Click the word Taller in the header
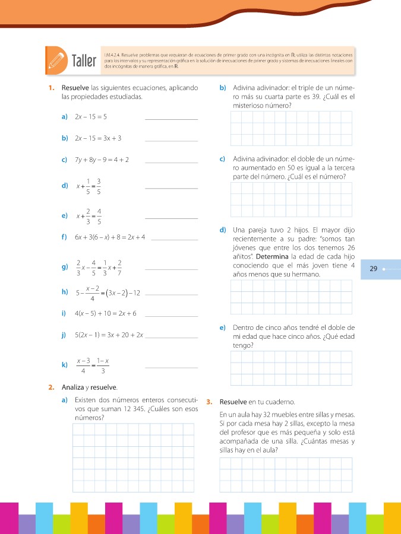(84, 61)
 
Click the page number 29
(374, 269)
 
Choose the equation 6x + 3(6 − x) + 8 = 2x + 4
(110, 237)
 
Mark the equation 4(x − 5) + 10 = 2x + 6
(106, 313)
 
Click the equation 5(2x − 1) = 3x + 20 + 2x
(110, 335)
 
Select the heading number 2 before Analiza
(51, 387)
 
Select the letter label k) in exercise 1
(64, 365)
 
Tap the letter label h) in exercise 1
(64, 291)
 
